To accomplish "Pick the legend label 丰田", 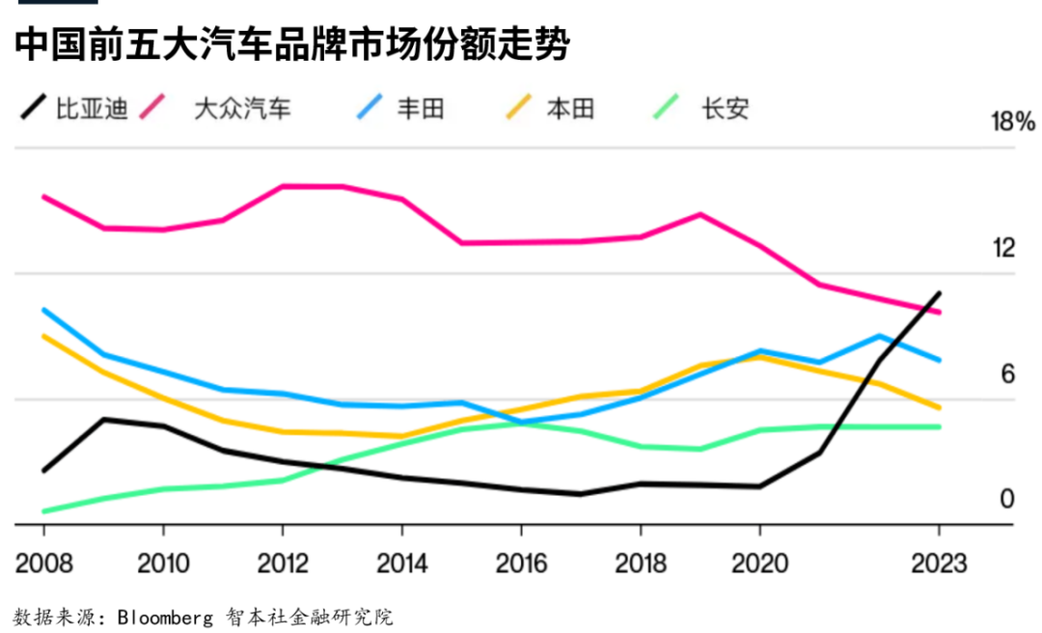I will (x=421, y=108).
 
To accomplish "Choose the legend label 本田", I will (x=570, y=108).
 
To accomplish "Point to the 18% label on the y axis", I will (x=1013, y=122).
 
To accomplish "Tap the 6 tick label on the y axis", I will (x=1008, y=374).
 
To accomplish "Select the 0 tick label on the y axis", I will (x=1008, y=499).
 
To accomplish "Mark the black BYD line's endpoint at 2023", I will (x=939, y=292).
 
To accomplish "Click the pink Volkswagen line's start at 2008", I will (x=43, y=196).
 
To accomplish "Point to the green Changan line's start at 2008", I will (x=43, y=511).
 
